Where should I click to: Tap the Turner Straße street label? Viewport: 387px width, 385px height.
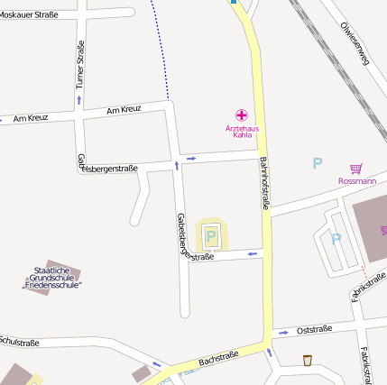coord(80,66)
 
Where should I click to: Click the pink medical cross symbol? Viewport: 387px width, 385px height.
coord(242,115)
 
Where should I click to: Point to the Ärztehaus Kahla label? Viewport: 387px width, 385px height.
coord(242,132)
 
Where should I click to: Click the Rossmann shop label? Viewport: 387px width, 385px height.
coord(356,180)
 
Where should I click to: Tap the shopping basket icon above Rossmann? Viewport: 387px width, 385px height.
coord(356,168)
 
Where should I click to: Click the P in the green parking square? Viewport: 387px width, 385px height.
coord(212,236)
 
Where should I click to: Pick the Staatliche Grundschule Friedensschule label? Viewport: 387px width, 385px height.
coord(51,277)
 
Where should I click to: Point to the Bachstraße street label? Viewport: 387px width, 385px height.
coord(218,359)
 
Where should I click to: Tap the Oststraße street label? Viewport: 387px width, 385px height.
coord(314,329)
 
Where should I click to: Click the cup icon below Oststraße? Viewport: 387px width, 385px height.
coord(308,360)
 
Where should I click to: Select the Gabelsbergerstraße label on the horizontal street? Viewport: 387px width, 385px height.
coord(108,168)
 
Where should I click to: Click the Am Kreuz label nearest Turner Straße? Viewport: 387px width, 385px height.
coord(31,118)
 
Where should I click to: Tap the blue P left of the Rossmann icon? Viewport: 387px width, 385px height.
coord(317,163)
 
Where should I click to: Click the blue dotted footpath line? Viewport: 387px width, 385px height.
coord(161,45)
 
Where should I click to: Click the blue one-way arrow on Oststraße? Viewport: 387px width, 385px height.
coord(285,332)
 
